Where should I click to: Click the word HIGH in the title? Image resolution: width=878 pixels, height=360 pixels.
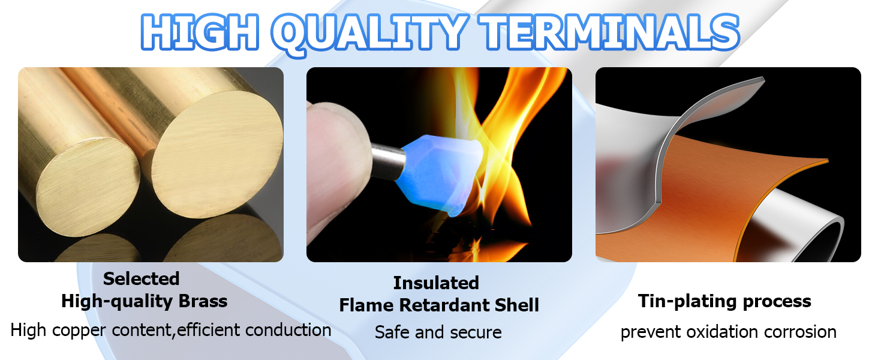coord(200,32)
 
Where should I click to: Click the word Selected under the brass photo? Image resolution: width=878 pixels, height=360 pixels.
coord(141,279)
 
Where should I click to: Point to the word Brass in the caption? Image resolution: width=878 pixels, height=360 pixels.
coord(203,301)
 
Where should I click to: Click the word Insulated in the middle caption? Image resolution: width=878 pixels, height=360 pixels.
coord(436,283)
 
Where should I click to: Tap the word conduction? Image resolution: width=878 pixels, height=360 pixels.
coord(288,330)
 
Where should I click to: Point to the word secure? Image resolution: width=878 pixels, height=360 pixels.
coord(476,332)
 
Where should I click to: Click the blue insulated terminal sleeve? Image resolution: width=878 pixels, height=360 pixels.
coord(441,173)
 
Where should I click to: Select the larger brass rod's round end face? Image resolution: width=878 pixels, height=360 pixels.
coord(217,154)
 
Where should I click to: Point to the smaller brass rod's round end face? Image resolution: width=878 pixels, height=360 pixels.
coord(88,187)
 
